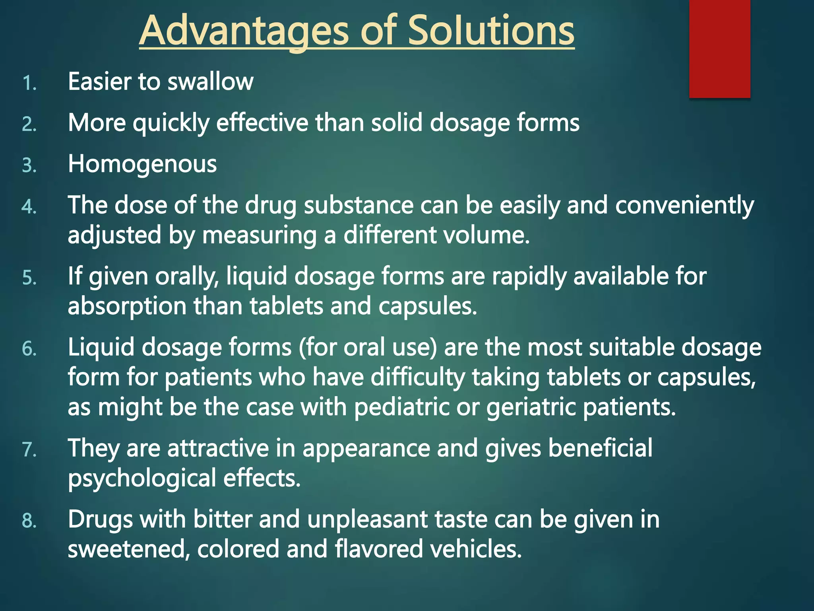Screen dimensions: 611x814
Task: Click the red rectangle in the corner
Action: point(719,49)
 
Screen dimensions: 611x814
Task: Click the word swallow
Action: point(210,82)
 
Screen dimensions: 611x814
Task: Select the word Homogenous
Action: point(142,164)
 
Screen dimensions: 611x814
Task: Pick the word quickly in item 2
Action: point(171,123)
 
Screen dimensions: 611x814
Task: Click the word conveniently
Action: point(684,206)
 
